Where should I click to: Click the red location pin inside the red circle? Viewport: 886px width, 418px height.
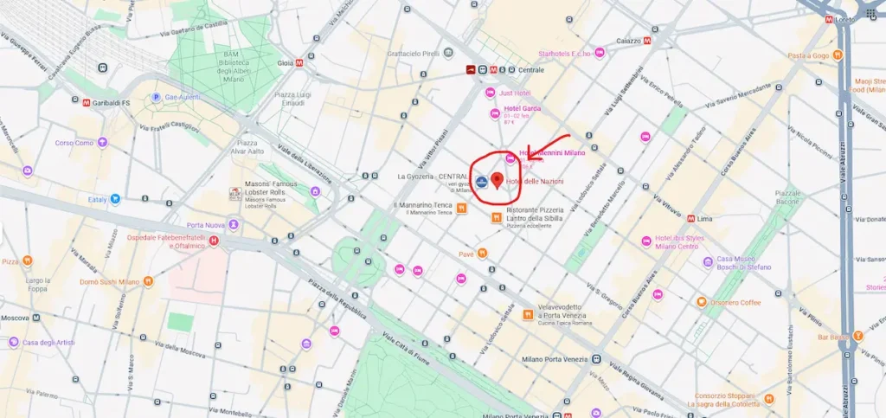[497, 180]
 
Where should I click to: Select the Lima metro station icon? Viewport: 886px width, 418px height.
[690, 218]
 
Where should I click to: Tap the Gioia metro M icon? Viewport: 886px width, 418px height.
[299, 62]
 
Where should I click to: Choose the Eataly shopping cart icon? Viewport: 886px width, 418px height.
[115, 198]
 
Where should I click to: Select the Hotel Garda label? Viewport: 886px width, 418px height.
[522, 109]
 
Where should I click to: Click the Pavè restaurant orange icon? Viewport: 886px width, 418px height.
[482, 254]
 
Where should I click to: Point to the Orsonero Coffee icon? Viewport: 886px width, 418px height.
[702, 302]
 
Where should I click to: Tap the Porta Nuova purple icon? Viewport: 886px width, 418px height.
[233, 225]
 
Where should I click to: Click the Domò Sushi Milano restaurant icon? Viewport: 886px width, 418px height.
[149, 281]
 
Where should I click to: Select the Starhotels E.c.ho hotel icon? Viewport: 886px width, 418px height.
[599, 54]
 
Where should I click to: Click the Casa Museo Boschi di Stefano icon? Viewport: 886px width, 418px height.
[708, 261]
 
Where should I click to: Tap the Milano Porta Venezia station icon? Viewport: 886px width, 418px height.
[596, 359]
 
